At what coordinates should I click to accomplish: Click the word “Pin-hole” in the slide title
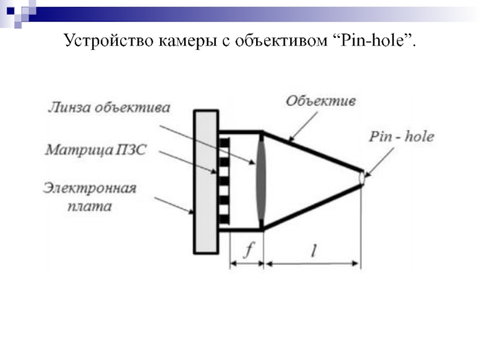(x=376, y=41)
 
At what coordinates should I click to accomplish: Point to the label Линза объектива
(x=109, y=108)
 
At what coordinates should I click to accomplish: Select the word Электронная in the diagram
(x=90, y=189)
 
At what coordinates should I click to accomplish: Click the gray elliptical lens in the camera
(x=262, y=181)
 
